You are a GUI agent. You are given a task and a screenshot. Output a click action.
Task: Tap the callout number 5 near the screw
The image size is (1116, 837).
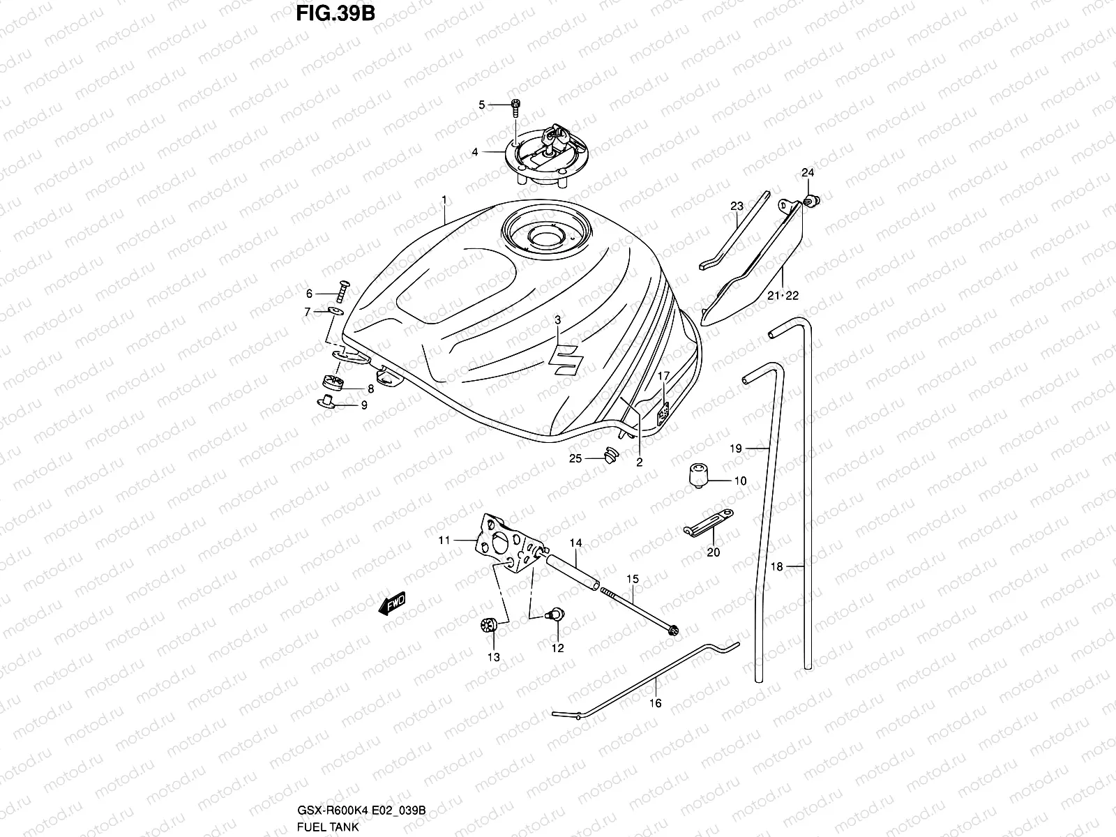[x=481, y=105]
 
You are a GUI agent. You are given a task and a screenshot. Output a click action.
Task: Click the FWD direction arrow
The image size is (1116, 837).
[x=391, y=604]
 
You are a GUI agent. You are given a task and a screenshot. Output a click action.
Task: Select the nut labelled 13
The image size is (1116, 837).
[x=489, y=626]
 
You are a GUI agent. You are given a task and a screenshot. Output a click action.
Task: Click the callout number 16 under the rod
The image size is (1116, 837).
[x=656, y=704]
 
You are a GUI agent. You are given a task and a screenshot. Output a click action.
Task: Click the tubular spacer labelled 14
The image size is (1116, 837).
[x=572, y=571]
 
